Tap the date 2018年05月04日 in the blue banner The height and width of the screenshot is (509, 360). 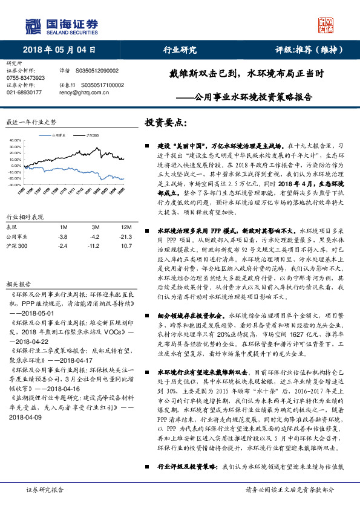tap(59, 50)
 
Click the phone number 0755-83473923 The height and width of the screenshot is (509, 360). tap(25, 78)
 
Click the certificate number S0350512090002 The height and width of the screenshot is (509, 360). tap(99, 71)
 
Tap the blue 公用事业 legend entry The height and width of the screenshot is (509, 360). tap(59, 135)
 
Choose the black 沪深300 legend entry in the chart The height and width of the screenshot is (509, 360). tap(92, 135)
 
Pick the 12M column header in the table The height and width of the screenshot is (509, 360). tap(127, 226)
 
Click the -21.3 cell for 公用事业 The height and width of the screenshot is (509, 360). tap(126, 237)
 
